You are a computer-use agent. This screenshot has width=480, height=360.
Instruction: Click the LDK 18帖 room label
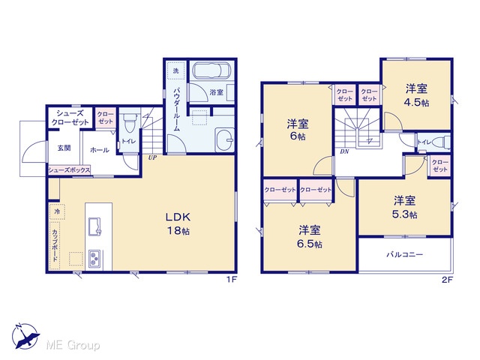(x=178, y=223)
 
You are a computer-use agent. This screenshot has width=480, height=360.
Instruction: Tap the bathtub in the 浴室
(x=211, y=70)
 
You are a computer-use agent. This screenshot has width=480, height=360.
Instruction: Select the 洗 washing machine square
(x=175, y=70)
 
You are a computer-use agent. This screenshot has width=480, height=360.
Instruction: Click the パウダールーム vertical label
(x=176, y=109)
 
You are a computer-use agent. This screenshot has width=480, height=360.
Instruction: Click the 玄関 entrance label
(x=64, y=148)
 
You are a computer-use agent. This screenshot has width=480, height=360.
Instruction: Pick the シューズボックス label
(x=70, y=170)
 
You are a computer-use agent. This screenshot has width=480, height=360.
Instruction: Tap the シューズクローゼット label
(x=70, y=118)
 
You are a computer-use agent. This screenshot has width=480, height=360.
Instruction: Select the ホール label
(x=100, y=150)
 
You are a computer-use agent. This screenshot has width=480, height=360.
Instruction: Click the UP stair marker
(x=152, y=158)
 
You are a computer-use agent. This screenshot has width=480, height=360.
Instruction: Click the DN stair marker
(x=344, y=151)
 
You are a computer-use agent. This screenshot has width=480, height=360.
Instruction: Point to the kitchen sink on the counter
(x=94, y=226)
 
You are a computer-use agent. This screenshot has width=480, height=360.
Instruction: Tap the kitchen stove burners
(x=94, y=259)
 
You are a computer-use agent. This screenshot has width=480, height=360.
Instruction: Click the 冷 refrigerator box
(x=57, y=211)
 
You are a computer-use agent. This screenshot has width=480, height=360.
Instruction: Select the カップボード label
(x=55, y=245)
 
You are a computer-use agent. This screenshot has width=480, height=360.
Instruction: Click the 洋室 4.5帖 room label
(x=416, y=95)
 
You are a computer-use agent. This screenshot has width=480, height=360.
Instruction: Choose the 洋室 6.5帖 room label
(x=309, y=236)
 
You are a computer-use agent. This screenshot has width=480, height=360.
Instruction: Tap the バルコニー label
(x=404, y=254)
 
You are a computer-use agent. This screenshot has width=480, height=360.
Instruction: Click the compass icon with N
(x=26, y=336)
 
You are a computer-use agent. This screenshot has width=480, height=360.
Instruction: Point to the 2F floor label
(x=447, y=280)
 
